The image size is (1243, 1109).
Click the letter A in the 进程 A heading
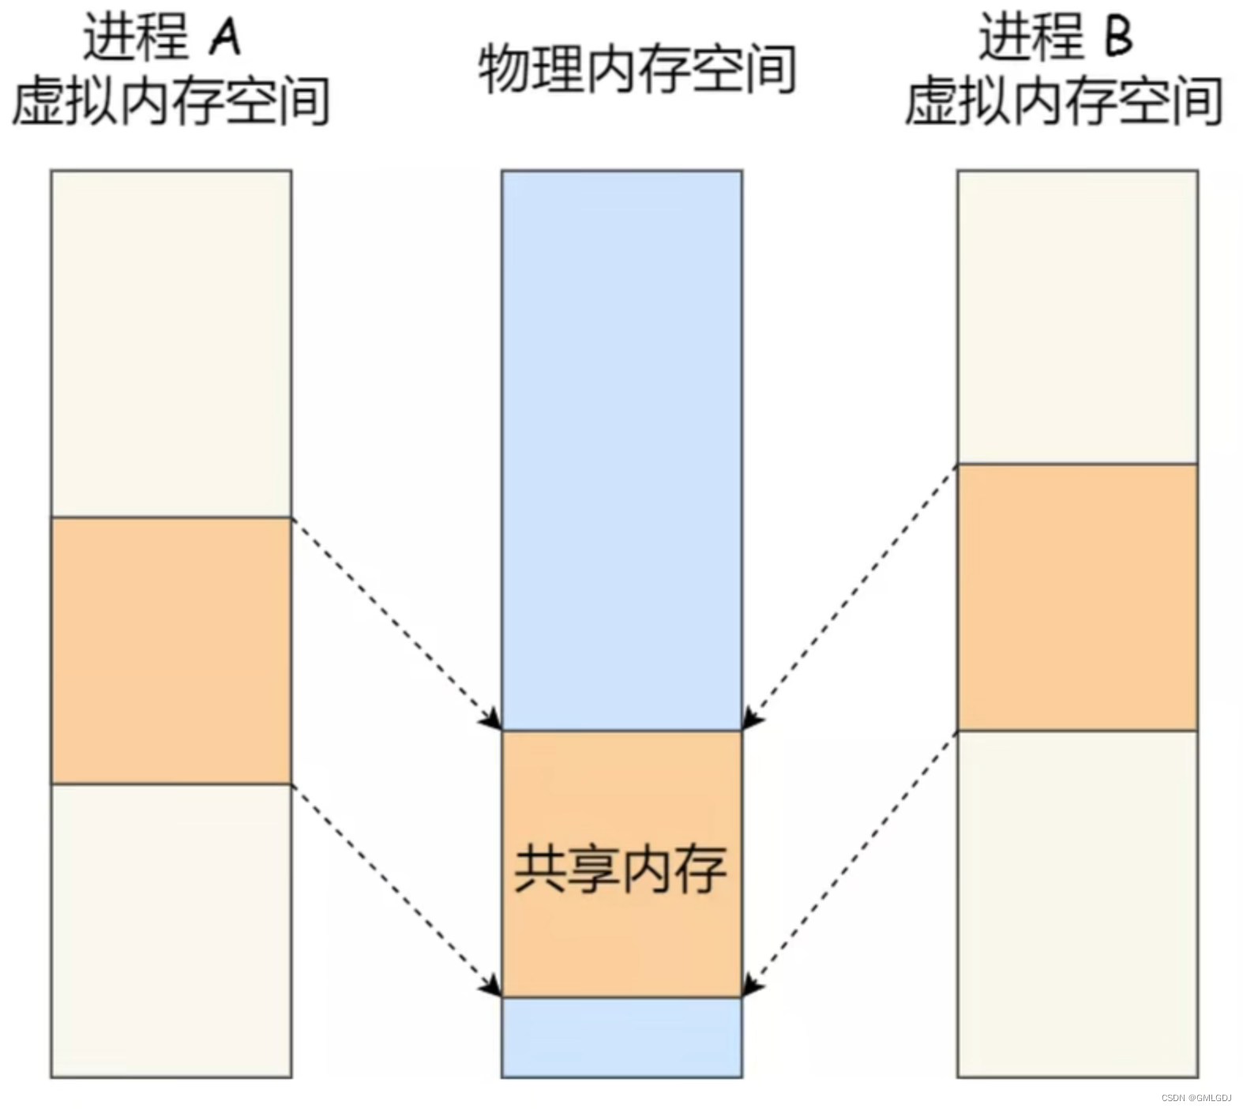point(224,36)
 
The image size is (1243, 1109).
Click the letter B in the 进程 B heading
point(1118,36)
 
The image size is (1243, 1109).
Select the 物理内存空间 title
point(637,70)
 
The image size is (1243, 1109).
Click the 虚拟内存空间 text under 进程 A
point(171,101)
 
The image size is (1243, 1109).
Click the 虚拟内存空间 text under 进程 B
point(1063,101)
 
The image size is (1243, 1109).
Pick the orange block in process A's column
point(171,650)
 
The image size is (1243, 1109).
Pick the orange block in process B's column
point(1077,597)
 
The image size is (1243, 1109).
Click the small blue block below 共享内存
point(621,1037)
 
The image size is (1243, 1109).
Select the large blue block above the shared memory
point(621,450)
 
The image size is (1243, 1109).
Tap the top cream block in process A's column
point(171,344)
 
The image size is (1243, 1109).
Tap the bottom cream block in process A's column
point(171,930)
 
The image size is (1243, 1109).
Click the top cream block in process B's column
point(1077,317)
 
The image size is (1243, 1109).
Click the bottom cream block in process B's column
point(1077,904)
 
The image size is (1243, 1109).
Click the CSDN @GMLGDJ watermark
point(1196,1098)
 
